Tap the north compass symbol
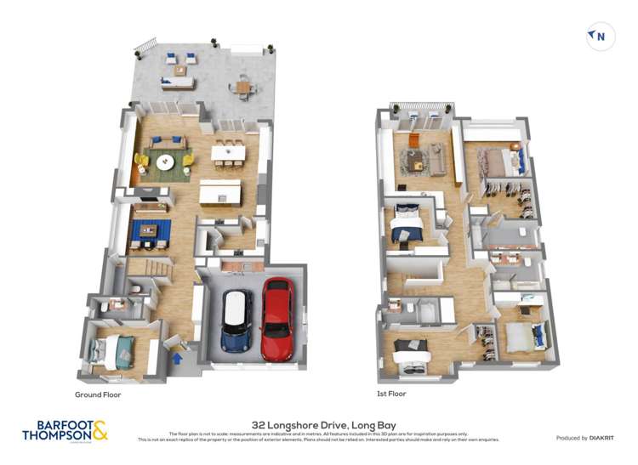click(599, 36)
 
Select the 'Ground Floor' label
click(100, 395)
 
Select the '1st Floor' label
click(391, 394)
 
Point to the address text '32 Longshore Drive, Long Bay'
click(319, 424)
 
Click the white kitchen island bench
click(219, 193)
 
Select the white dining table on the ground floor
click(228, 154)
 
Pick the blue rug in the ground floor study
click(151, 230)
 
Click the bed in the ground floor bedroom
click(111, 349)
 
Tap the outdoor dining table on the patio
click(244, 85)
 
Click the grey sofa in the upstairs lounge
click(436, 157)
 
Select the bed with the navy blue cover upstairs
click(407, 224)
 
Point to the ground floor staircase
click(149, 272)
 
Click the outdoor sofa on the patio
click(179, 82)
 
